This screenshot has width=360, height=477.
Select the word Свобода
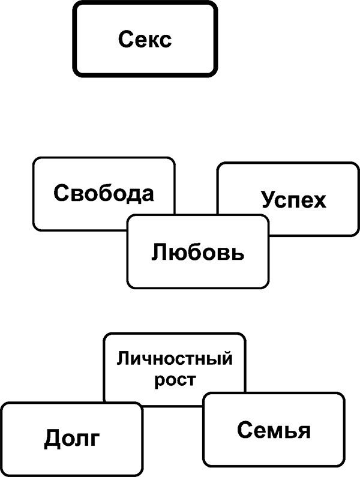104,194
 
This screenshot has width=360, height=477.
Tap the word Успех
294,200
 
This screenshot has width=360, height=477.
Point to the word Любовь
197,252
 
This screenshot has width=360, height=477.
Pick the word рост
175,380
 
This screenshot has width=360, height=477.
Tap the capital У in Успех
268,200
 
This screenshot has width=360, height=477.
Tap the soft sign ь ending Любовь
238,253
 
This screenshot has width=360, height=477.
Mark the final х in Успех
320,200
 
